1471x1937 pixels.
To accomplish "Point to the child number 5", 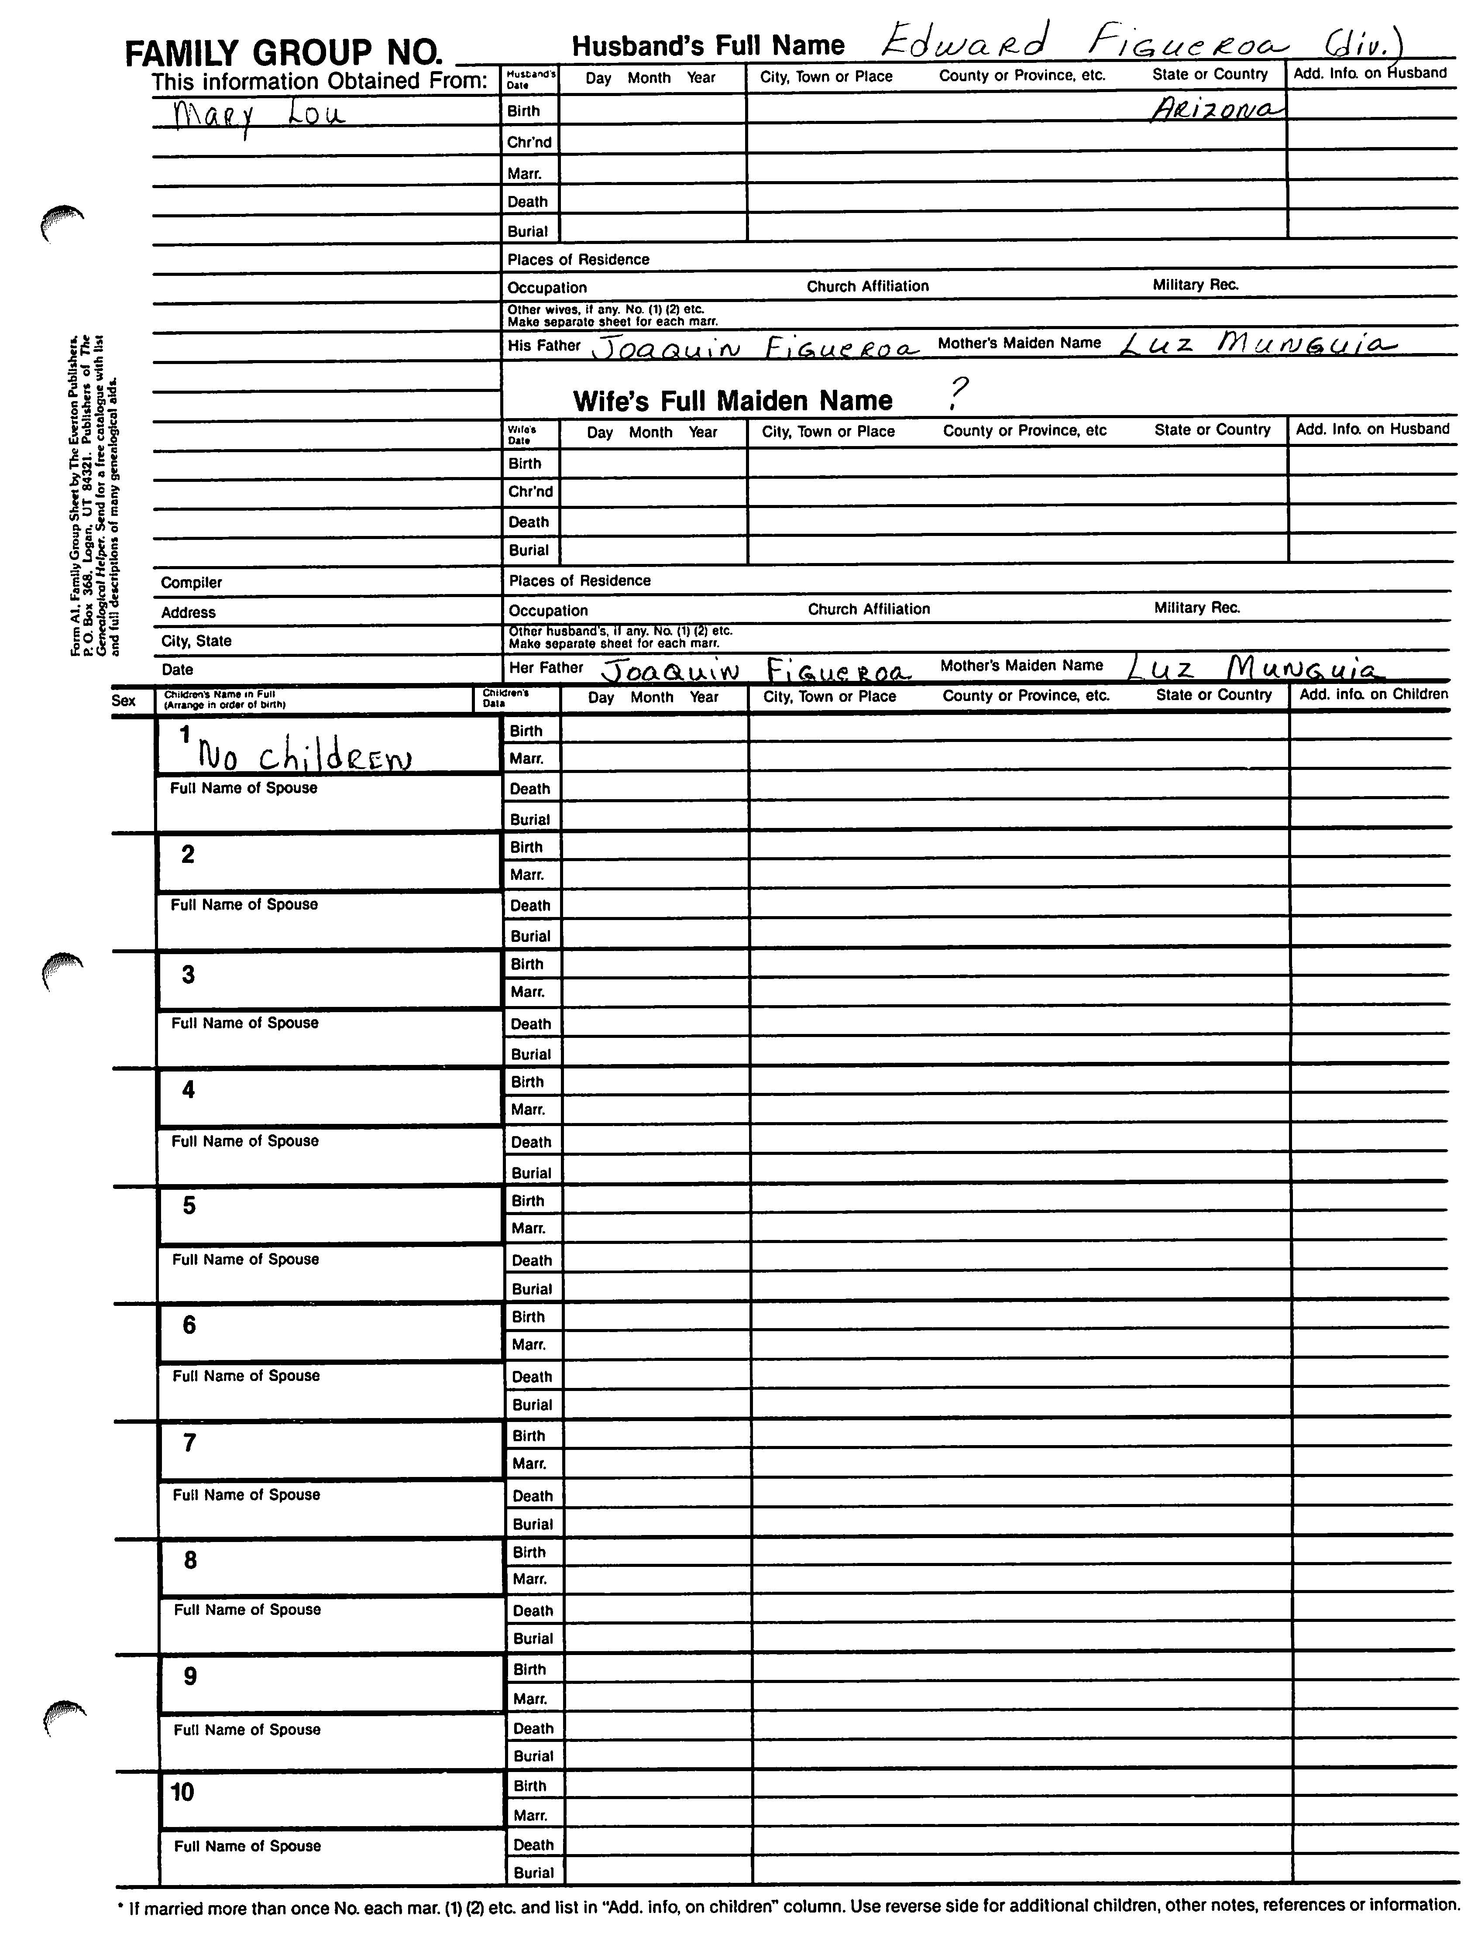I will pyautogui.click(x=189, y=1206).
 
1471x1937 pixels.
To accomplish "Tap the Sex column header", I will pyautogui.click(x=124, y=701).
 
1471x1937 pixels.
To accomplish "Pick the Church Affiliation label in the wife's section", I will pyautogui.click(x=869, y=608).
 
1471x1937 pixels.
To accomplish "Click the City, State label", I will pyautogui.click(x=196, y=641).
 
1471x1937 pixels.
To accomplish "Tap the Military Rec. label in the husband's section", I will pyautogui.click(x=1195, y=285).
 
